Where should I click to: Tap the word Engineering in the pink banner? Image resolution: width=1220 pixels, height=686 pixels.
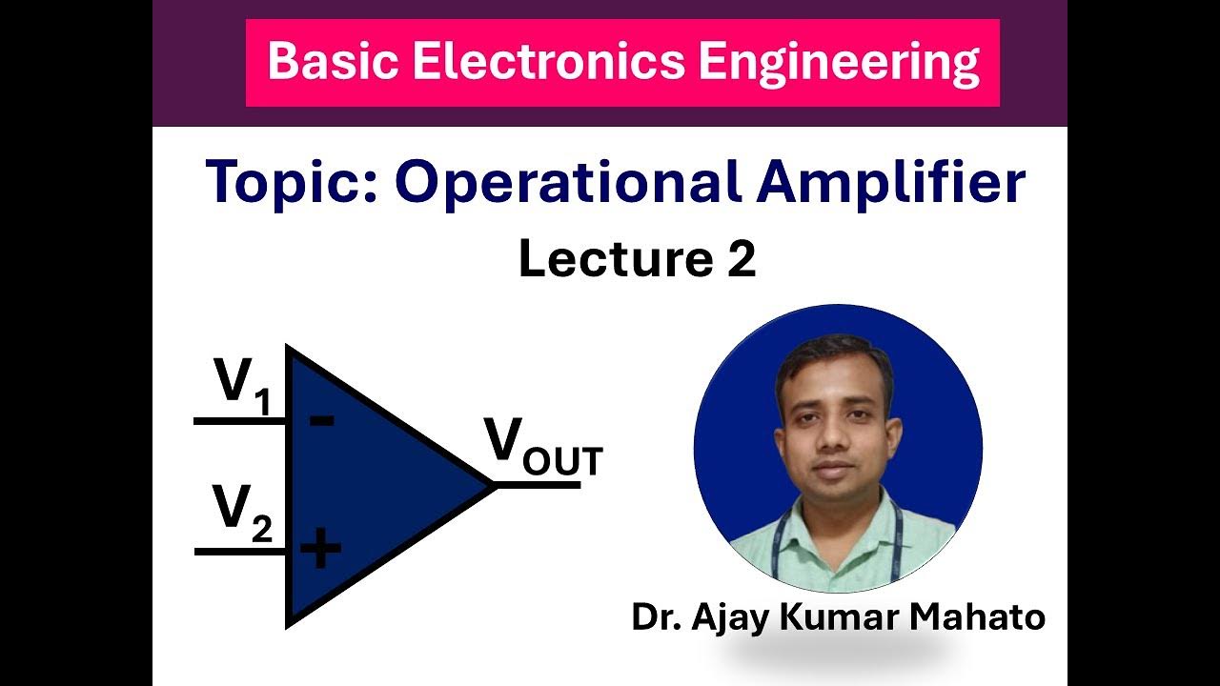coord(838,63)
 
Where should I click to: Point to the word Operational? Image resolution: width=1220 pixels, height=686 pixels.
coord(567,183)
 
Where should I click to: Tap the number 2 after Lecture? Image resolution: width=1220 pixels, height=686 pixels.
coord(741,259)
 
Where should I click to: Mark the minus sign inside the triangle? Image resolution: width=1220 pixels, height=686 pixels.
coord(322,419)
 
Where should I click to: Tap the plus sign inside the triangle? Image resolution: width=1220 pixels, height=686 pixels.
coord(320,550)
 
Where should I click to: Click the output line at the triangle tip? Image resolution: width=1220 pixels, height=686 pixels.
coord(539,485)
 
